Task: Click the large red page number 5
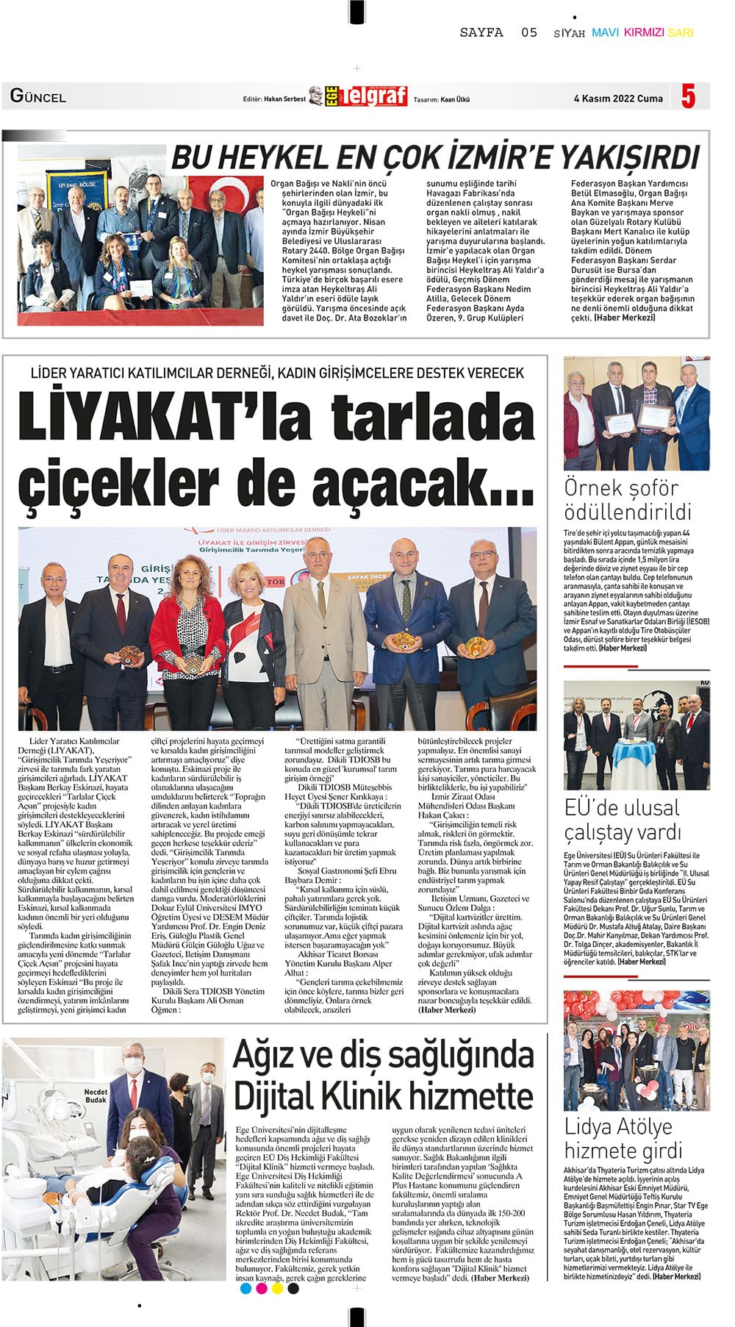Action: tap(688, 96)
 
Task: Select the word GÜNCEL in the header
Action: tap(38, 96)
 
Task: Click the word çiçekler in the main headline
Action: tap(119, 482)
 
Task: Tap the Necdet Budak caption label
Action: tap(96, 1095)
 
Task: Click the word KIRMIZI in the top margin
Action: tap(644, 33)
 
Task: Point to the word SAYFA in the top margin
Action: tap(481, 32)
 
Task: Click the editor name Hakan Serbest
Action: tap(284, 99)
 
